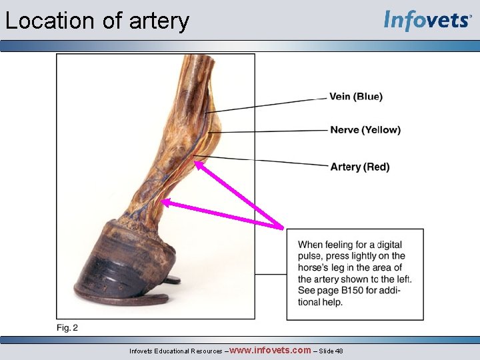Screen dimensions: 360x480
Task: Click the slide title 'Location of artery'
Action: (x=97, y=21)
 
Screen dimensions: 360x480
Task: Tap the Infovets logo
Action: (x=427, y=21)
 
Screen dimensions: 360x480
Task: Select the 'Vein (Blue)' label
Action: (x=356, y=97)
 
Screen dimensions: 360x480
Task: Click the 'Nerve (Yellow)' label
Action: (x=365, y=130)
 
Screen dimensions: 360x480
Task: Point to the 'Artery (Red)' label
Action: (x=360, y=167)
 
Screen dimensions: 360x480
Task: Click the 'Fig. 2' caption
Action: (x=67, y=327)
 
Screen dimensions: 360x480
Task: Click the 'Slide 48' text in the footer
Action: (x=331, y=351)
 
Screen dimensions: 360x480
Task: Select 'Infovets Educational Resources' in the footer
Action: (x=176, y=351)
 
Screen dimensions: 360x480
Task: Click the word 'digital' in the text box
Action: (x=389, y=245)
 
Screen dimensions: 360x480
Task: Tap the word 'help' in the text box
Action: (x=331, y=302)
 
